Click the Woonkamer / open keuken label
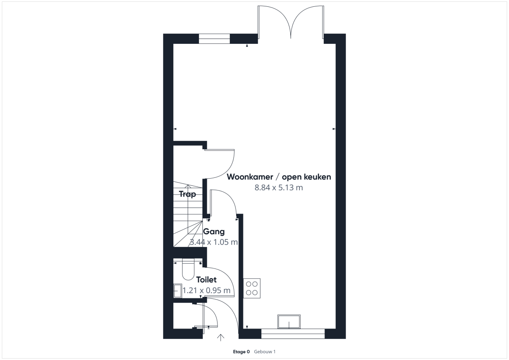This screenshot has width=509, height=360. click(279, 177)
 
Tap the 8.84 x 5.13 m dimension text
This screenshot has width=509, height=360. click(279, 188)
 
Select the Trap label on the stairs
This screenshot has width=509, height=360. click(187, 194)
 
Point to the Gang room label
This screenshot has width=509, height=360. click(214, 232)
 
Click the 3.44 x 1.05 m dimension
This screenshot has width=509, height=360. click(214, 242)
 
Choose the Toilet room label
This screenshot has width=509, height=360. click(206, 280)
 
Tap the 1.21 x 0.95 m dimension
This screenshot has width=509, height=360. click(206, 290)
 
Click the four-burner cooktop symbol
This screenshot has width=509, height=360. click(252, 288)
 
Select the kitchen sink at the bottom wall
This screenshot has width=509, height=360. click(289, 321)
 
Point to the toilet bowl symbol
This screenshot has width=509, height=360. click(188, 270)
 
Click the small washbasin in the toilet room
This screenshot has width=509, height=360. click(178, 291)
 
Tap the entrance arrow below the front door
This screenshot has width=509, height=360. click(220, 338)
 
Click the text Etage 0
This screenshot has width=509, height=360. click(241, 352)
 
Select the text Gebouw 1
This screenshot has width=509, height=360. click(265, 352)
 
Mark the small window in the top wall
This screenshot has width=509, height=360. click(214, 39)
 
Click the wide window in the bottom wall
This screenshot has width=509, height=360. click(293, 334)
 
